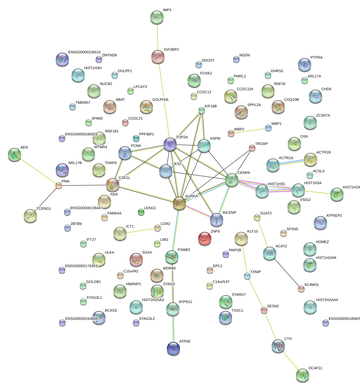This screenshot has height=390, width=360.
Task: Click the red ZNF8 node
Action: pos(205,238)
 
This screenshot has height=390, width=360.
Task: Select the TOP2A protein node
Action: pos(170,144)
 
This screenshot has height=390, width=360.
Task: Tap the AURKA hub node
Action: pos(179,203)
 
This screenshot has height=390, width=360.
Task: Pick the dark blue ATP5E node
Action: pos(173,348)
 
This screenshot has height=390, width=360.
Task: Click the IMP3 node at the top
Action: pos(157,17)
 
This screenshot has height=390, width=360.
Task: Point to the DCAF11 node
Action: pos(303,375)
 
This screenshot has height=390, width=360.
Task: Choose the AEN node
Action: pos(15,154)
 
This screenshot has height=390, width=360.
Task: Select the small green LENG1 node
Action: pos(141,212)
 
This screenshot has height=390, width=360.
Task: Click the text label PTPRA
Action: pos(316,58)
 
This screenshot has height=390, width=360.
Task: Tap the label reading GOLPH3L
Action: pos(161,100)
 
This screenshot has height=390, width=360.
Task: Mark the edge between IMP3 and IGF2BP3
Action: pos(157,37)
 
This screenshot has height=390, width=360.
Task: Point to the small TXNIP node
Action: pos(247,276)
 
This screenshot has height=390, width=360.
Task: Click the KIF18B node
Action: pos(202,110)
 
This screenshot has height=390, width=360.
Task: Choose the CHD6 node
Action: pos(315,96)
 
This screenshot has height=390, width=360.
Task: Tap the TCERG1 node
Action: pos(31,216)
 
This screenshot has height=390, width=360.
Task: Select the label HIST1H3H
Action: pos(93,68)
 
